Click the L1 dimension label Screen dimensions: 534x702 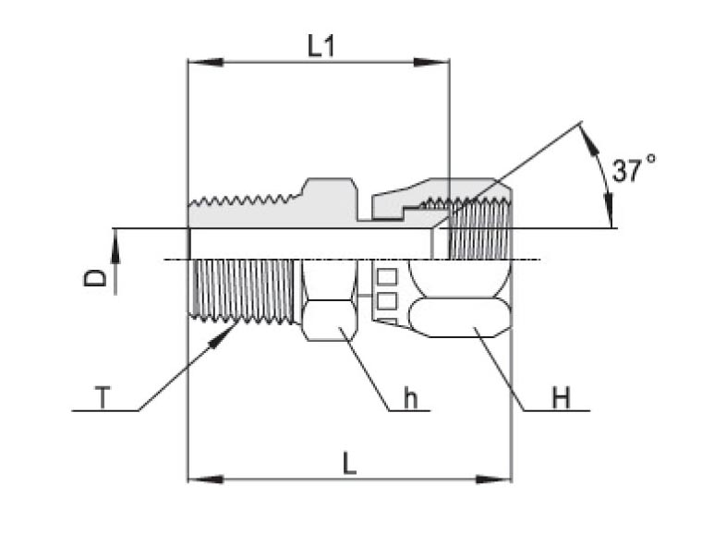(321, 47)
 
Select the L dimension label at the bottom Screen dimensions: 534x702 (349, 464)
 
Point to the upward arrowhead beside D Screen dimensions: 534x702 (115, 240)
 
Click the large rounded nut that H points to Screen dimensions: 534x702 (459, 316)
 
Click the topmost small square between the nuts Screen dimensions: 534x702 (387, 276)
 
